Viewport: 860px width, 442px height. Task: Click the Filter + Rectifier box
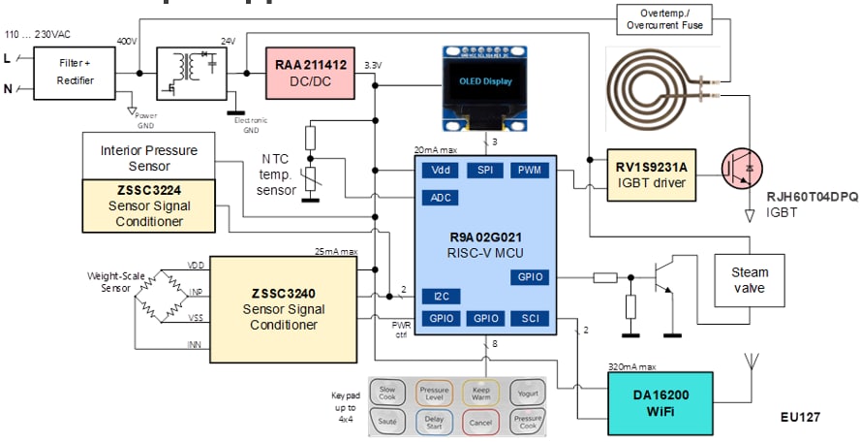[x=76, y=74]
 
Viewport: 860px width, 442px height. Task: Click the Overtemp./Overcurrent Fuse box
[x=666, y=17]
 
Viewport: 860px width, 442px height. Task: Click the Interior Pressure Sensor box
[x=148, y=158]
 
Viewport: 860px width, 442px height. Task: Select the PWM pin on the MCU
[x=529, y=171]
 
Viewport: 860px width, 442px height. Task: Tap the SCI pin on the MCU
[x=529, y=318]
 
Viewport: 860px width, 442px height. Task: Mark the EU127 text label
[x=800, y=418]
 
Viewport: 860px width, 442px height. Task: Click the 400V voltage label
[x=127, y=42]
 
